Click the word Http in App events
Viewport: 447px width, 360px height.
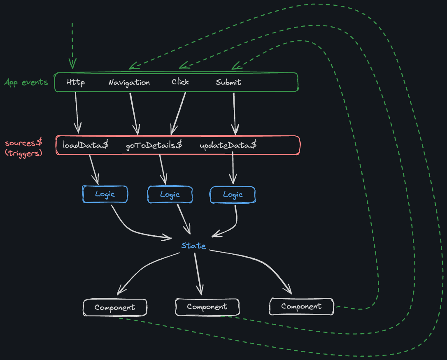[x=76, y=82]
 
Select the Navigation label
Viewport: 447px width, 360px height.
[x=129, y=82]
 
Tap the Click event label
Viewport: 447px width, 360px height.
[x=180, y=82]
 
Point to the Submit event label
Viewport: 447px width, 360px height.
[x=228, y=82]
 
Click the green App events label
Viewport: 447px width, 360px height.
[x=26, y=82]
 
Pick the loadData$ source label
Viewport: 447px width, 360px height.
[x=86, y=145]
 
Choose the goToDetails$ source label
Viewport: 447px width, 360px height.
[x=154, y=145]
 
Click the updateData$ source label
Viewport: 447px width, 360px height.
[x=228, y=145]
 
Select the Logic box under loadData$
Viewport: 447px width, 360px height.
[x=105, y=194]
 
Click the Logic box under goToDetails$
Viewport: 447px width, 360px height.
[x=170, y=194]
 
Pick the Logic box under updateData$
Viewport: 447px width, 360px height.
[x=233, y=195]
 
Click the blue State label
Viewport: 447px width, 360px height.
[x=193, y=246]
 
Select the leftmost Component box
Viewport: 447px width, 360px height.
[x=115, y=307]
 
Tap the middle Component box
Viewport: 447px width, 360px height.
[x=207, y=307]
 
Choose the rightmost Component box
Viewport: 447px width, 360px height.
[x=301, y=307]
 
